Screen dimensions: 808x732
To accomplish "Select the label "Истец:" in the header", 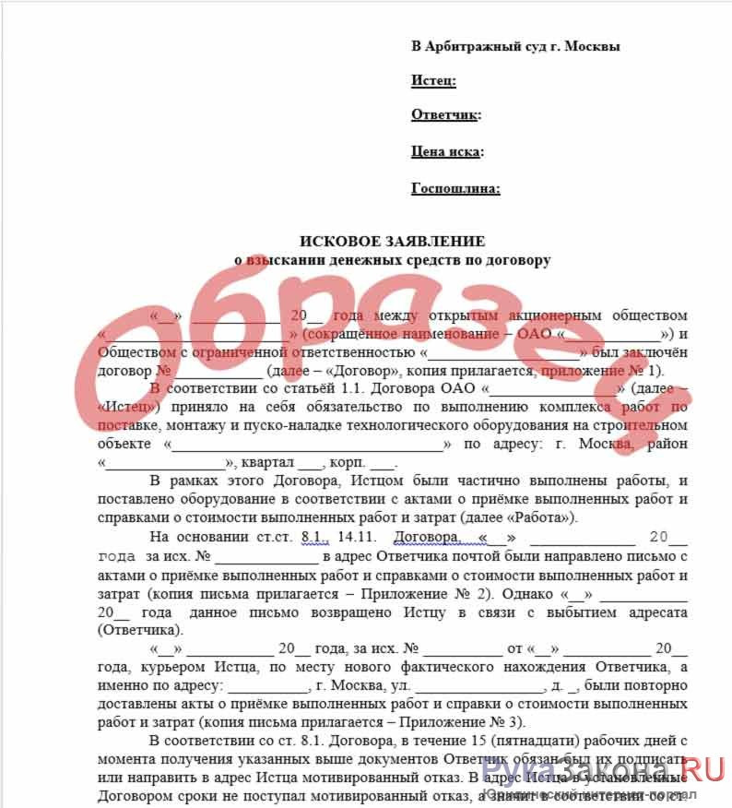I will click(433, 81).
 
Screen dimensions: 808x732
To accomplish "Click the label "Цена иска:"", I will click(447, 152).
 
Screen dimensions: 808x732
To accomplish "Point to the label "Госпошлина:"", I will click(455, 189).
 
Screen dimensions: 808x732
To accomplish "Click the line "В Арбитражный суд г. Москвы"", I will click(515, 46).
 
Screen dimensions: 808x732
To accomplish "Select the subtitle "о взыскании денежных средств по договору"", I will click(392, 260).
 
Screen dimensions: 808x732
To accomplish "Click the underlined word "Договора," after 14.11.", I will click(426, 538).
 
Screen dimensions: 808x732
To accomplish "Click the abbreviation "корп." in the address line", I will click(348, 462).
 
